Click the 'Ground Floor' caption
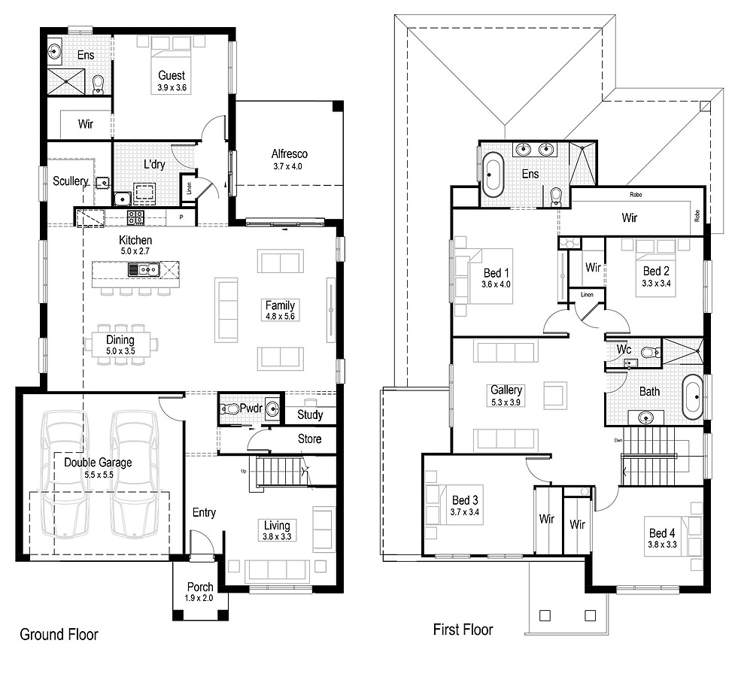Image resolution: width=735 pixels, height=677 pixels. pos(59,634)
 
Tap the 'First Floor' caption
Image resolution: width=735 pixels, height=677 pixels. pos(463,629)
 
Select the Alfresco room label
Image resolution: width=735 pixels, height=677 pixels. pos(290,154)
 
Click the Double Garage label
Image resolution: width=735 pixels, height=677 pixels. pos(98,463)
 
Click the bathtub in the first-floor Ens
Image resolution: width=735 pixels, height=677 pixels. pos(492,175)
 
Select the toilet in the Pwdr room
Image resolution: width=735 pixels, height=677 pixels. pos(231,409)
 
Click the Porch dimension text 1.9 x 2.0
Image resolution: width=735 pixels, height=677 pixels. pos(199,598)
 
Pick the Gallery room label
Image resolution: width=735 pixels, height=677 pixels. pos(506,390)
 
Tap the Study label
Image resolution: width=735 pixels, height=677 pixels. pos(310,414)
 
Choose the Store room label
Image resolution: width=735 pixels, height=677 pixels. pos(309,439)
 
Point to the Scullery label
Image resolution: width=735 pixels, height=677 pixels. pos(71,181)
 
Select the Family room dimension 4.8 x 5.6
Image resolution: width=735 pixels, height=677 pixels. pos(279,317)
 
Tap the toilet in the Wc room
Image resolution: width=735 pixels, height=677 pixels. pos(648,351)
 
